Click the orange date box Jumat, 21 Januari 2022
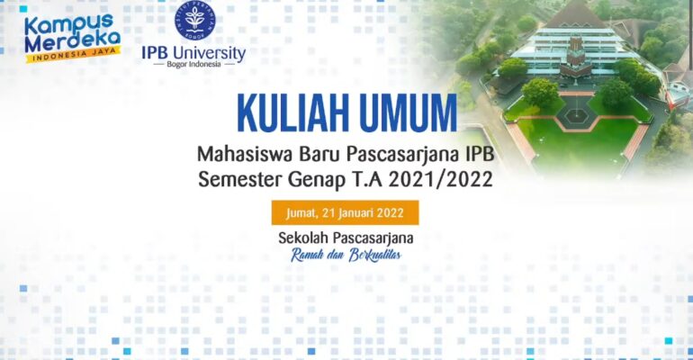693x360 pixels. [346, 213]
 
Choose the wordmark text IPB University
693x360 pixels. [193, 51]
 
